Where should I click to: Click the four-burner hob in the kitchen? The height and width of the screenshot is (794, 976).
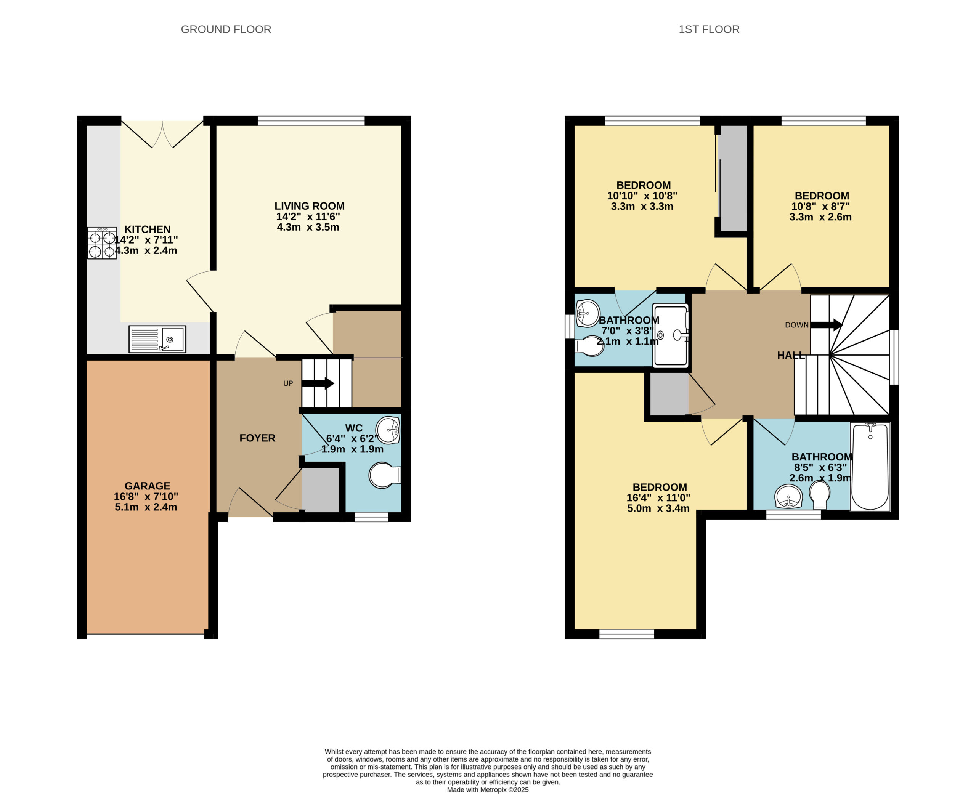pyautogui.click(x=102, y=243)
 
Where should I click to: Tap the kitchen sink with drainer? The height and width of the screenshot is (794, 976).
pyautogui.click(x=157, y=339)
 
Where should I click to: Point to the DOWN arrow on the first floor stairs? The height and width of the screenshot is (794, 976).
pyautogui.click(x=826, y=325)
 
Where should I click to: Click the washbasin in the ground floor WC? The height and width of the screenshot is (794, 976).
pyautogui.click(x=388, y=430)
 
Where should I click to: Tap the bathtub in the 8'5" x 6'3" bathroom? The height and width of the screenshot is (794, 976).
pyautogui.click(x=870, y=466)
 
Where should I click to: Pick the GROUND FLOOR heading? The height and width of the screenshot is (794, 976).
pyautogui.click(x=226, y=29)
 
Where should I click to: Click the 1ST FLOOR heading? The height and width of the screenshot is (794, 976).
pyautogui.click(x=709, y=29)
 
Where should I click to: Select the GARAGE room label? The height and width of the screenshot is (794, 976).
pyautogui.click(x=147, y=486)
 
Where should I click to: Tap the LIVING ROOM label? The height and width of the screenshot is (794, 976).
pyautogui.click(x=310, y=206)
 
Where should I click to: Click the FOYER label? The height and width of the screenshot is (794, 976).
pyautogui.click(x=257, y=438)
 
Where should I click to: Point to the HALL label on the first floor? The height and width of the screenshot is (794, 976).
pyautogui.click(x=791, y=355)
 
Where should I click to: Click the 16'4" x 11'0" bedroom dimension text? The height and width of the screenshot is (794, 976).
pyautogui.click(x=658, y=497)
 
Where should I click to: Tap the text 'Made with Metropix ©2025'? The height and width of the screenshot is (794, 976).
pyautogui.click(x=488, y=790)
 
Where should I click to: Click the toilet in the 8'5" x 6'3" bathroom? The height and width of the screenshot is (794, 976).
pyautogui.click(x=820, y=496)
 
